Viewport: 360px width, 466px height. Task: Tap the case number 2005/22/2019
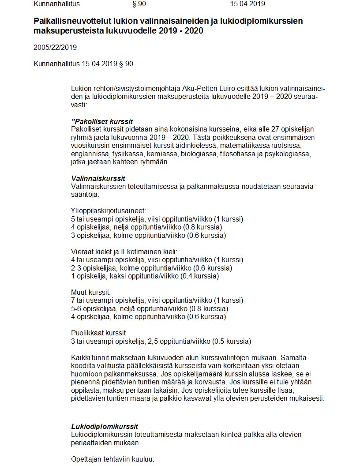click(55, 47)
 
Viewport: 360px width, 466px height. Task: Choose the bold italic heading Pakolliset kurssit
click(103, 121)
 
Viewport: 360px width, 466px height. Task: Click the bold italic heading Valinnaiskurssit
click(98, 178)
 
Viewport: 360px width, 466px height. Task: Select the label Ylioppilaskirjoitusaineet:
click(108, 211)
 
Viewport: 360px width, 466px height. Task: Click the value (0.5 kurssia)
click(232, 341)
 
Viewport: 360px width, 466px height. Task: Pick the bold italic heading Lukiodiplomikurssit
click(105, 426)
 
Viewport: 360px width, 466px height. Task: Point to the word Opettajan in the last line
click(86, 459)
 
